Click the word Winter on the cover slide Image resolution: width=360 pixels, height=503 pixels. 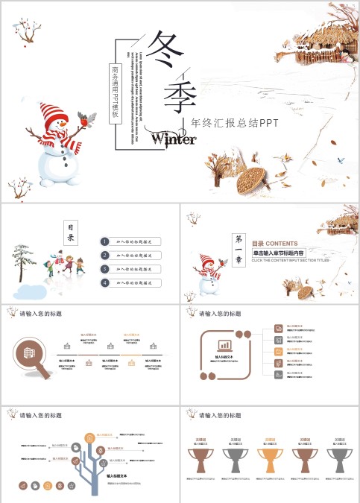[174, 139]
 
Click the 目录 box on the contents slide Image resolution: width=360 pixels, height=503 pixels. [71, 232]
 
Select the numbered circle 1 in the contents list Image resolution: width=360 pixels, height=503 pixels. [106, 241]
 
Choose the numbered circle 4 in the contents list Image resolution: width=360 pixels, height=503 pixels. [106, 282]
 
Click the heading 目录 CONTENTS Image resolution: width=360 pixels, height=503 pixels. [274, 244]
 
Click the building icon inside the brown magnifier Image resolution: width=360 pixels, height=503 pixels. [31, 351]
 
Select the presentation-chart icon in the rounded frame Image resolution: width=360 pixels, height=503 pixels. [224, 345]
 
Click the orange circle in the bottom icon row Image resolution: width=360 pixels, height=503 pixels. [48, 485]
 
